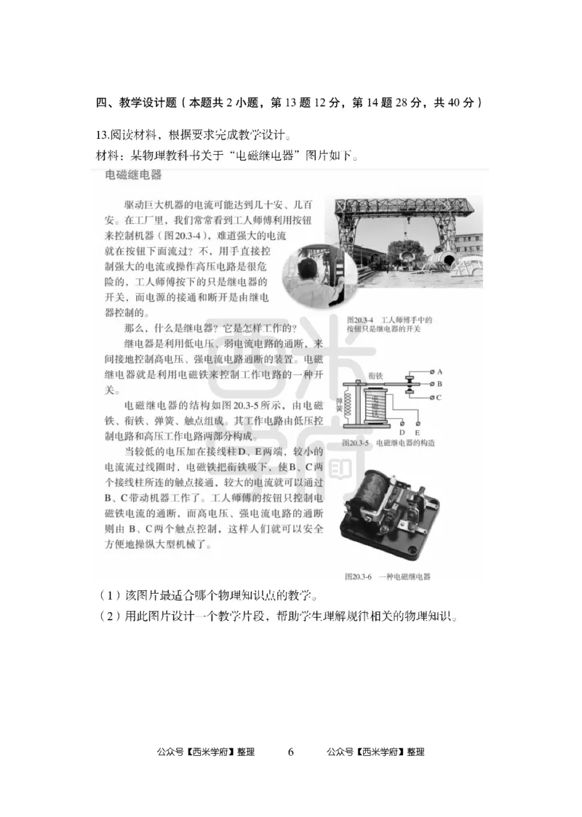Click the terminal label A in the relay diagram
(440, 370)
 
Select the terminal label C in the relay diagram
(440, 397)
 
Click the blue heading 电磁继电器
(133, 176)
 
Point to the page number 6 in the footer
(290, 752)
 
